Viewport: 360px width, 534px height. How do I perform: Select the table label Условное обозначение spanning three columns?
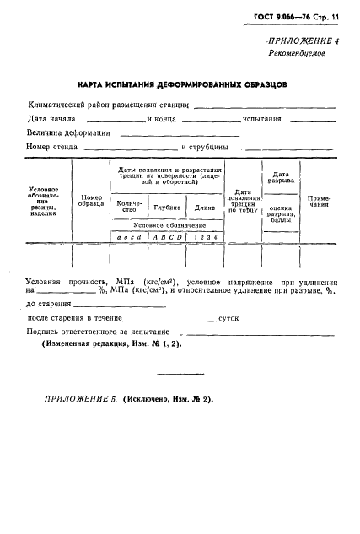point(169,225)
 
